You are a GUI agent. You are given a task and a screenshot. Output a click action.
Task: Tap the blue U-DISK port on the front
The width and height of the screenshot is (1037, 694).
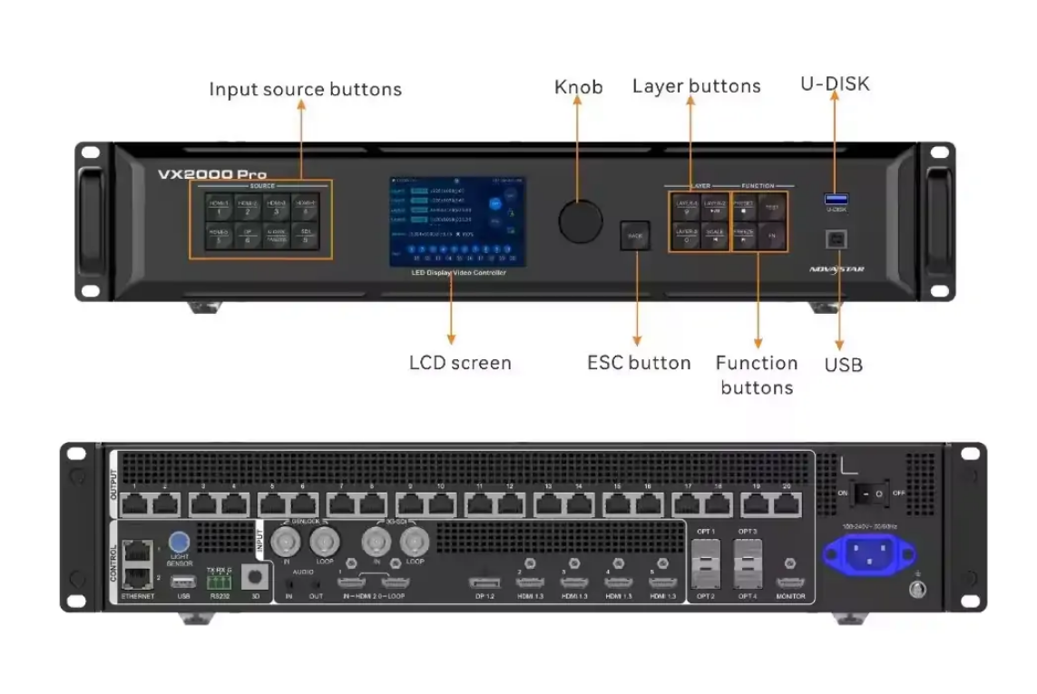pyautogui.click(x=836, y=199)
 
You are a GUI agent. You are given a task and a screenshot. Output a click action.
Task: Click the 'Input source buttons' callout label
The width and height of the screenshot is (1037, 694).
pyautogui.click(x=305, y=90)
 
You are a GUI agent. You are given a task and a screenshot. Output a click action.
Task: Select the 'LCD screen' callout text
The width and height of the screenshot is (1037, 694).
pyautogui.click(x=460, y=363)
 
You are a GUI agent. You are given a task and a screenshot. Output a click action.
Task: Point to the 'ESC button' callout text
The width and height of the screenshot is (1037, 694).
pyautogui.click(x=639, y=363)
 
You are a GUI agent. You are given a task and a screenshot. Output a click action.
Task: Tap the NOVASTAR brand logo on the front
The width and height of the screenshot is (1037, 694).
pyautogui.click(x=836, y=269)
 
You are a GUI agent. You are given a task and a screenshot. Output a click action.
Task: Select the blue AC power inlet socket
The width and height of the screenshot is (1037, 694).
pyautogui.click(x=868, y=552)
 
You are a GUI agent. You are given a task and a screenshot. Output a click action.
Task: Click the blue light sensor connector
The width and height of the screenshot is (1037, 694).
pyautogui.click(x=179, y=542)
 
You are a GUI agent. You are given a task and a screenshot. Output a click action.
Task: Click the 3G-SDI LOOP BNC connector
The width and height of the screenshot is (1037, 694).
pyautogui.click(x=415, y=542)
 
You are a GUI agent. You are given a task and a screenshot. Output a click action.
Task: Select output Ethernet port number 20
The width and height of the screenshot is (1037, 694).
pyautogui.click(x=786, y=505)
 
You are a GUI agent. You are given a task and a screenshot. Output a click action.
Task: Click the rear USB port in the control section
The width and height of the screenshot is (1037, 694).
pyautogui.click(x=182, y=580)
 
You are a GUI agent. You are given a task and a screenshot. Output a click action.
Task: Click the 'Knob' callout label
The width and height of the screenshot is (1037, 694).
pyautogui.click(x=578, y=87)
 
